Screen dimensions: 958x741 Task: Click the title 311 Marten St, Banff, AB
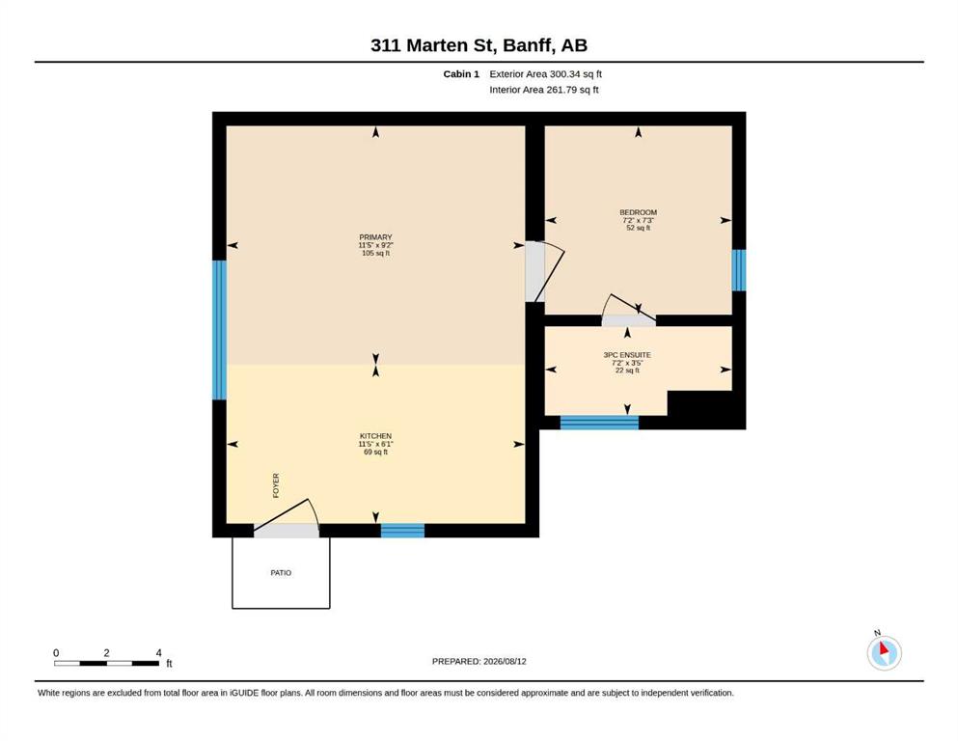tap(479, 45)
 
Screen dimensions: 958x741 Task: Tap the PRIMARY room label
tap(375, 237)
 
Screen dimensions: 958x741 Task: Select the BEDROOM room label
tap(639, 212)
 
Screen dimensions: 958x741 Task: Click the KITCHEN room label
tap(375, 436)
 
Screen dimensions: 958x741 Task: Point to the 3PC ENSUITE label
tap(627, 355)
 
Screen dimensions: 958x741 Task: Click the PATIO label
tap(281, 573)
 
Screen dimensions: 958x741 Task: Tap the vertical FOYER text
tap(276, 485)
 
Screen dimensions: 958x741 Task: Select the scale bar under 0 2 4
tap(107, 664)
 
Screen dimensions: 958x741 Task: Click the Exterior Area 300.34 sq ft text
tap(546, 74)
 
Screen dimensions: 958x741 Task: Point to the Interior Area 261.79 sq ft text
tap(544, 90)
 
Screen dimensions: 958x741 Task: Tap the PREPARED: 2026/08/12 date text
tap(479, 662)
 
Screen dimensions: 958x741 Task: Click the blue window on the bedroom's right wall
tap(739, 270)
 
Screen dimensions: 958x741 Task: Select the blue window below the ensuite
tap(599, 423)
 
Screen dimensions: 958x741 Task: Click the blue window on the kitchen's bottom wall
tap(402, 531)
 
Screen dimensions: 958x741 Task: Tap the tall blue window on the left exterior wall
tap(219, 330)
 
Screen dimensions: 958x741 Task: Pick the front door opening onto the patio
tap(287, 518)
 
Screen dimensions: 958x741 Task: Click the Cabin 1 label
tap(461, 74)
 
